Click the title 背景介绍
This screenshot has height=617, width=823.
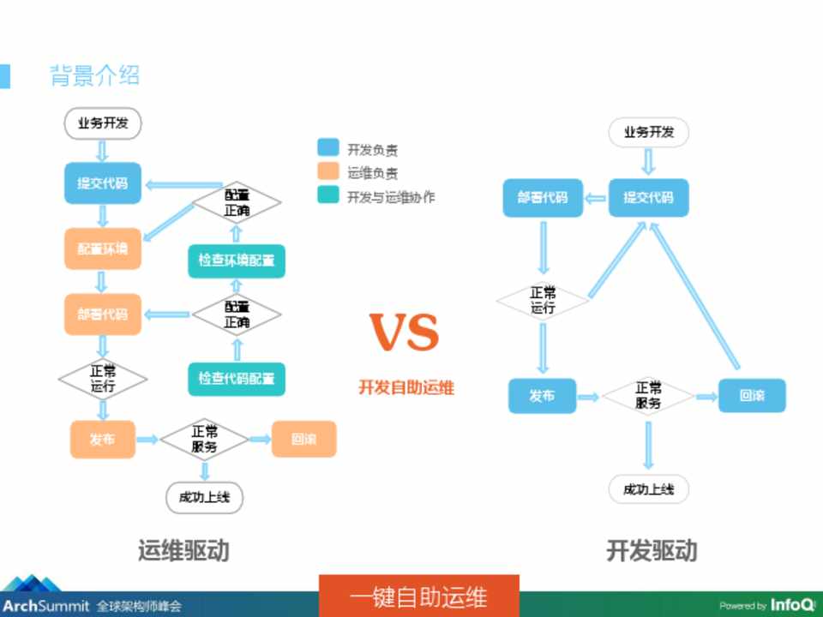[x=94, y=75]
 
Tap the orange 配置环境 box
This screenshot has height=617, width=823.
[x=103, y=249]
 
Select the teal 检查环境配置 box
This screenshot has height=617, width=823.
[x=237, y=261]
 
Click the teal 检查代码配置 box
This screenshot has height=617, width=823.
[x=237, y=379]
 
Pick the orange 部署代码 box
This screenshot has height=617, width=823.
[x=103, y=314]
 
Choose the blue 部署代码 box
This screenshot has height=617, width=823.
[x=542, y=198]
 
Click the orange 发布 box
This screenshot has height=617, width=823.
[x=103, y=440]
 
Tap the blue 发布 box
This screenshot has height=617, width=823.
[x=542, y=396]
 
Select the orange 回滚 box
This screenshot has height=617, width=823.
[x=303, y=440]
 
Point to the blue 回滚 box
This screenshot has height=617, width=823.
[x=752, y=396]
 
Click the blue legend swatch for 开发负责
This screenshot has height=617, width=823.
[x=327, y=149]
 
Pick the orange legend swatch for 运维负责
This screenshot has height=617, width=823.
[x=327, y=172]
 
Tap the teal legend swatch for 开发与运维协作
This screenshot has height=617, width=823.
[x=327, y=195]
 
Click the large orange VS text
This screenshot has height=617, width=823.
[x=405, y=333]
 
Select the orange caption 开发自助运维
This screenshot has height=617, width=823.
[x=406, y=388]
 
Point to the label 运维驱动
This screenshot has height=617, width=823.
[x=183, y=550]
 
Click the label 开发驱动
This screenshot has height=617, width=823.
[x=652, y=550]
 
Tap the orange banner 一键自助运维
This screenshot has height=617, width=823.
[x=418, y=596]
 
